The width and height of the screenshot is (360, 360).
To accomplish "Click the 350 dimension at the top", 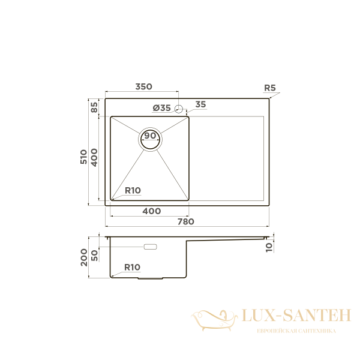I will pos(143,87).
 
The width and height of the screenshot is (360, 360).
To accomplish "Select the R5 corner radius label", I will pos(270,88).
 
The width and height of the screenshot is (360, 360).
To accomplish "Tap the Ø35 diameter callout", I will pos(162,108).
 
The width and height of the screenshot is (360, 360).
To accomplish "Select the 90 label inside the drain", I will pos(150,136).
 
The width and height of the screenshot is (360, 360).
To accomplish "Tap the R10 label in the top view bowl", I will pos(133,191).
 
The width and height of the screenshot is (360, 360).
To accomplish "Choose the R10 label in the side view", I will pos(133,267).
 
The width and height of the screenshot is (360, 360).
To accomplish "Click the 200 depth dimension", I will pos(84,257).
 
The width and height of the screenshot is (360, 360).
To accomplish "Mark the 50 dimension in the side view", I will pos(94,255).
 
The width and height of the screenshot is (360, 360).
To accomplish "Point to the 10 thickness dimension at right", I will pos(269,245).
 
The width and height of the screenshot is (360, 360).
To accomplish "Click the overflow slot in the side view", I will pos(149,247).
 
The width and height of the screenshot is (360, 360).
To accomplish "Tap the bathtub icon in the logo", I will pos(213,319).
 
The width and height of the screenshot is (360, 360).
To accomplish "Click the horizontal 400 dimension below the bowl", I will pos(152,211).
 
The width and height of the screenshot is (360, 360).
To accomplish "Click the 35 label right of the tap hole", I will pos(200,105).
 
